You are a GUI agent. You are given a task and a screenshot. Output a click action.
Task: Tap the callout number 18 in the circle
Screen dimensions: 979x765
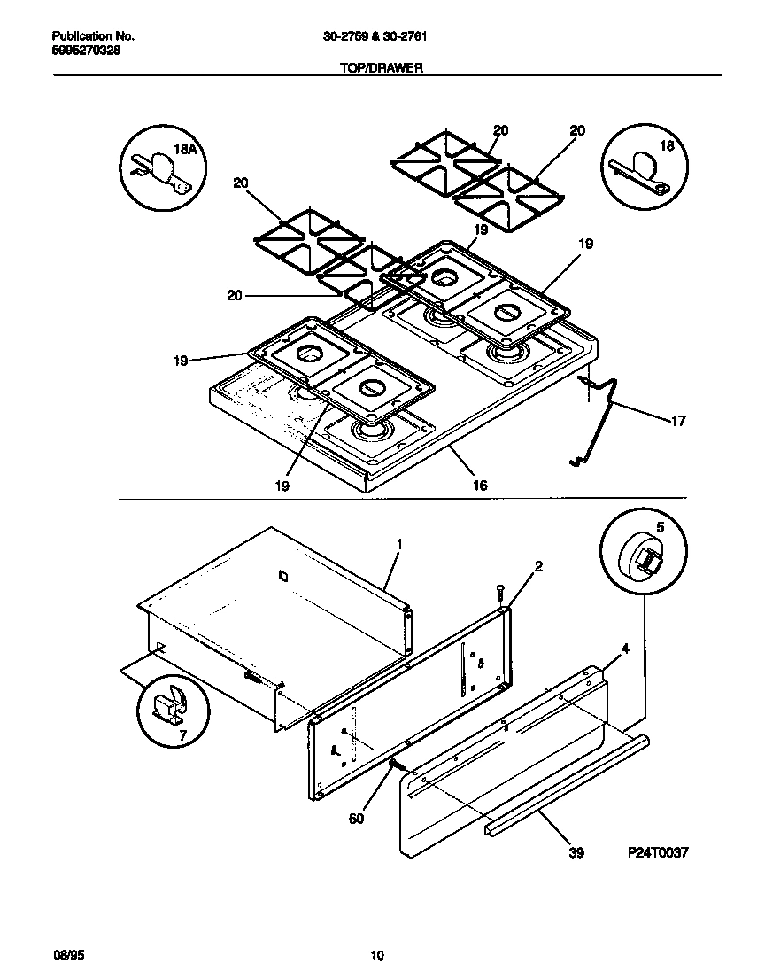pos(667,147)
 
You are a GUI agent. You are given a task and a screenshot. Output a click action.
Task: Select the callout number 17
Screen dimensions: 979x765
pos(678,422)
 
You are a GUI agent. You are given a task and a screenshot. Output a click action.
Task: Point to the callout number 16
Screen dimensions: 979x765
pos(479,486)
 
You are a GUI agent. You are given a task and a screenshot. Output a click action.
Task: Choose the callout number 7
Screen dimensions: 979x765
pos(183,736)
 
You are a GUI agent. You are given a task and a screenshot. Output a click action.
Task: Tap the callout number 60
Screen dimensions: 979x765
pos(356,819)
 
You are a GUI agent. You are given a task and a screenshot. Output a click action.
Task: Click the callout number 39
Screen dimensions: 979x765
pos(576,853)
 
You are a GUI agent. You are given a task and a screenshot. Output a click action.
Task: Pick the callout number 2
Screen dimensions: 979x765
pos(538,565)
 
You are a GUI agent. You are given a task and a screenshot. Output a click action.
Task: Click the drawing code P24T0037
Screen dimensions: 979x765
pos(658,852)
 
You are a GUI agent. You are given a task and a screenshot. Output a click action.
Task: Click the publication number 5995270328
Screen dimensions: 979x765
pos(87,51)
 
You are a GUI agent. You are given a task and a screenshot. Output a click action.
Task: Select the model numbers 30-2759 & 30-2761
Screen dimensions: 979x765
pos(382,36)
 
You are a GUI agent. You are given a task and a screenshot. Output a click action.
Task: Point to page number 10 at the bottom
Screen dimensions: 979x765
pos(377,955)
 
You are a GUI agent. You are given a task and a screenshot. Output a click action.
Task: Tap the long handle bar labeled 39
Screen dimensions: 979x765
pos(567,784)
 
